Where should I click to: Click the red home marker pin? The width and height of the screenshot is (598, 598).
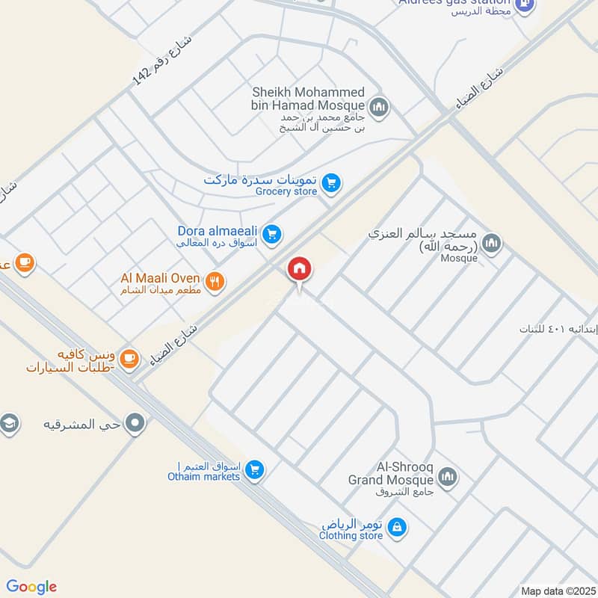(299, 268)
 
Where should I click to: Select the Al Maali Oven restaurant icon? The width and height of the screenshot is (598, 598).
(215, 281)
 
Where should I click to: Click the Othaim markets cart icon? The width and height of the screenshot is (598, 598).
(255, 470)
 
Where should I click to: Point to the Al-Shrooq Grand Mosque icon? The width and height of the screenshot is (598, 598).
(448, 477)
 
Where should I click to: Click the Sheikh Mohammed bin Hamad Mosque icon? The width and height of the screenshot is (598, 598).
(380, 107)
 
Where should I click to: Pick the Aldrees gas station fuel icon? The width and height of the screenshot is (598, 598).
(525, 4)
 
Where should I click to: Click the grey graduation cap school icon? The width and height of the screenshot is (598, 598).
(9, 424)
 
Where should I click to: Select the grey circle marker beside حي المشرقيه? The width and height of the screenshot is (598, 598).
(135, 424)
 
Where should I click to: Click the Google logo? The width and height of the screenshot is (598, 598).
(31, 587)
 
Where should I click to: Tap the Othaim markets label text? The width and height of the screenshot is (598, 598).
(203, 477)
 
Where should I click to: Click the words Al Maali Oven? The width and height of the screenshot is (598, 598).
(160, 278)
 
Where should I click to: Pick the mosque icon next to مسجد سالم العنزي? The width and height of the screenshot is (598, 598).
(491, 242)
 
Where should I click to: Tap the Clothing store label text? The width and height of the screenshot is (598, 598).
(351, 535)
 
